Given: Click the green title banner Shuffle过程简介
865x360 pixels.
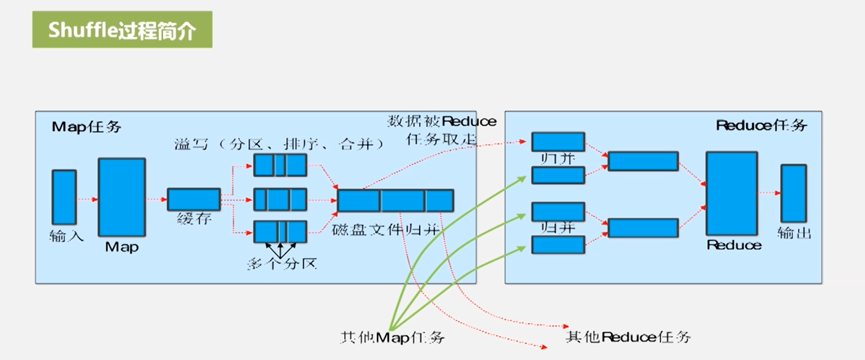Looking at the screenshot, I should coord(122,30).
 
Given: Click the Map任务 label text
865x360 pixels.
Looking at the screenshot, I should coord(86,127).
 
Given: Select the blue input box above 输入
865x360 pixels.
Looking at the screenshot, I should coord(64,197).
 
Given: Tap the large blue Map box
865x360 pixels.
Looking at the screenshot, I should coord(121,197).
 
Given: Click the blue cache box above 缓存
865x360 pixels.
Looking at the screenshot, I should coord(194,200).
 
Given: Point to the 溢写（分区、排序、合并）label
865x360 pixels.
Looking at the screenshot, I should coord(279,144).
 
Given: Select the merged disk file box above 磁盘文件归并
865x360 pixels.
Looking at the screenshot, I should coord(395,201).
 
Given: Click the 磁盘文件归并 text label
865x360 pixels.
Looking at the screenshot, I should coord(386,229).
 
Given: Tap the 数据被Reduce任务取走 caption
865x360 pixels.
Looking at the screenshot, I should coord(441,130).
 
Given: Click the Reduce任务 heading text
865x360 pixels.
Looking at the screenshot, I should coord(761,126).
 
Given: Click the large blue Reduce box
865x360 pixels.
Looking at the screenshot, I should coord(732,194).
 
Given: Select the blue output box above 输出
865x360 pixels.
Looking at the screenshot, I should coord(793,194).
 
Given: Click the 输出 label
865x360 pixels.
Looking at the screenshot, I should coord(794,233).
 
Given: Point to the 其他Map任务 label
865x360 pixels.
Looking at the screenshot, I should coord(392,337).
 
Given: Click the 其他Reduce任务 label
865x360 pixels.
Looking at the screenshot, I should coord(628,337).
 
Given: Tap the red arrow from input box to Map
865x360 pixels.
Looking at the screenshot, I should coord(87,200).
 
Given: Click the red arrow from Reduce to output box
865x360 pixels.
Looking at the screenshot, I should coord(769,193).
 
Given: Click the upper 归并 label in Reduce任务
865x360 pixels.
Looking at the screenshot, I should coord(558,158).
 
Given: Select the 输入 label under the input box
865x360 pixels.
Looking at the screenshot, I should coord(66,236).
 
